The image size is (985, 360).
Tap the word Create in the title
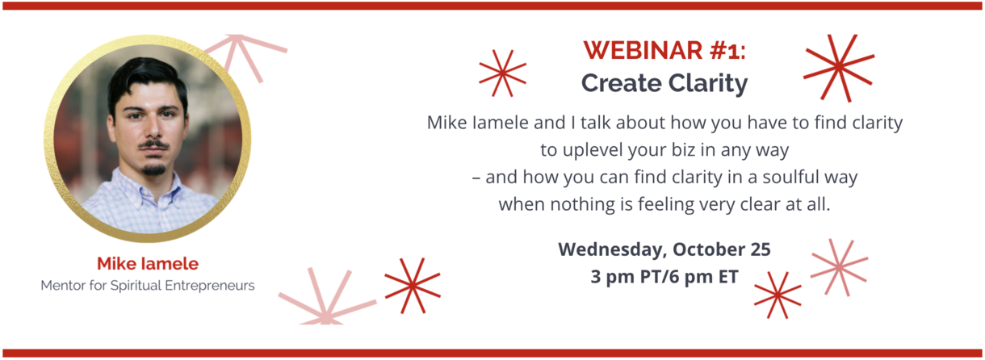(622, 83)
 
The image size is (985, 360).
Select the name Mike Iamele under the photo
(148, 264)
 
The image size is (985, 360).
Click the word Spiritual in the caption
(136, 286)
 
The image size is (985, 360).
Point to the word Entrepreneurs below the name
(210, 286)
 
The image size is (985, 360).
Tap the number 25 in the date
(761, 249)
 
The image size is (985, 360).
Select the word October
(709, 249)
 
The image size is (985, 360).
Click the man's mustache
(153, 144)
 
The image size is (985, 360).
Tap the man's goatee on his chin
(153, 170)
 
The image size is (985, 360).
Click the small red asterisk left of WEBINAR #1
(503, 73)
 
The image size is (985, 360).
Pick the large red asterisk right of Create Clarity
(839, 68)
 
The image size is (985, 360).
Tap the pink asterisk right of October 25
(839, 267)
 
